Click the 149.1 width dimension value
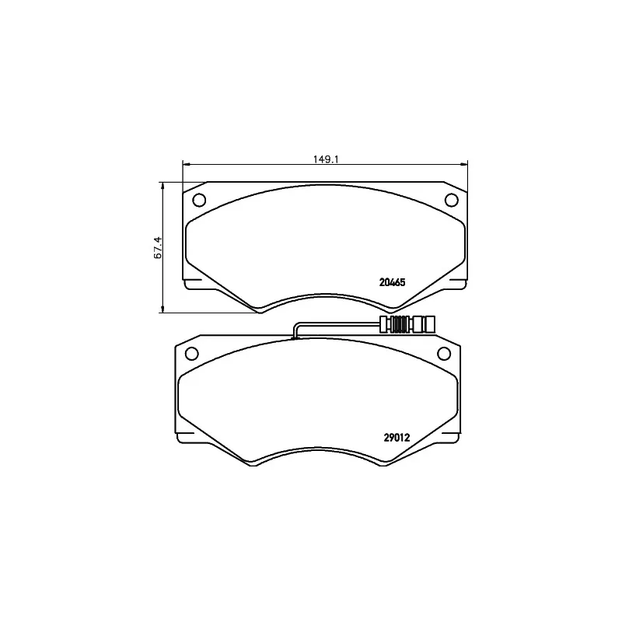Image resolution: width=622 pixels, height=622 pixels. pos(325,159)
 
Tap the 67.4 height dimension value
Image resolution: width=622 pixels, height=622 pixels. pos(158,248)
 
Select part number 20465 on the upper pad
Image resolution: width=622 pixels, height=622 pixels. pos(393,282)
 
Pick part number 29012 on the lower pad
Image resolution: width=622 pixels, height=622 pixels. pos(397,438)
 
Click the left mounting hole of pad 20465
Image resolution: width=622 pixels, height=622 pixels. pos(199,200)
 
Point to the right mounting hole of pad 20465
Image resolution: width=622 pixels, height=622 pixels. pos(452,200)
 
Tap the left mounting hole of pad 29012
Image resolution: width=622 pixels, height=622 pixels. pos(192,353)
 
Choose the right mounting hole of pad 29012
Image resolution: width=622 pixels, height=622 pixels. pos(444,353)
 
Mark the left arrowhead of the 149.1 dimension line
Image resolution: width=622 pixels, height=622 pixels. pos(186,163)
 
